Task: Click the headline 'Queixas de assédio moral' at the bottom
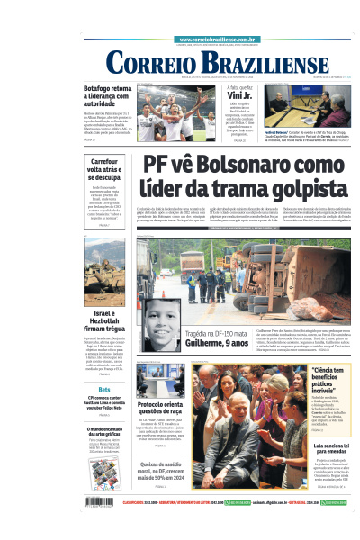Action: pyautogui.click(x=161, y=472)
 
